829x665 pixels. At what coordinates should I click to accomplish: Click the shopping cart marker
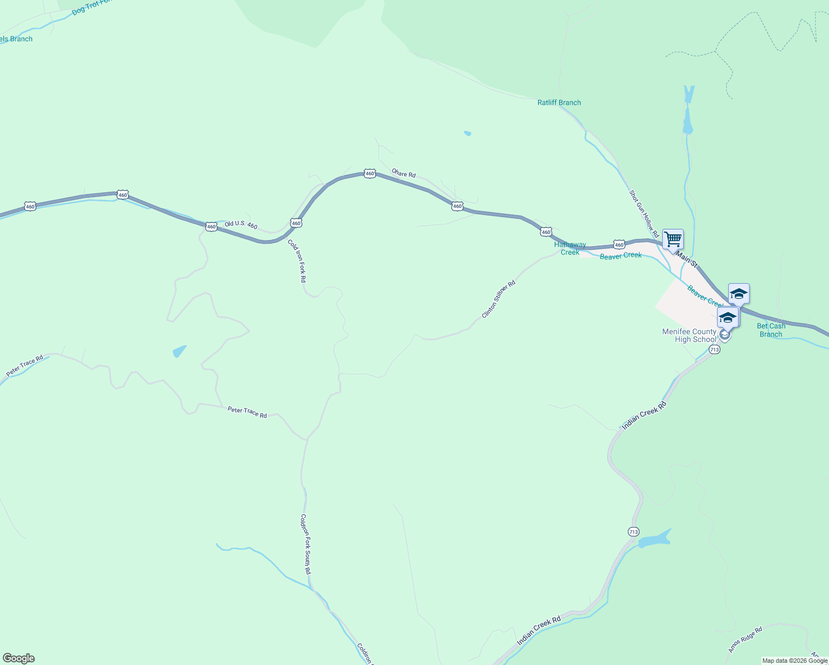tap(673, 240)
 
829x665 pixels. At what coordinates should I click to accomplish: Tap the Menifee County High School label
tap(689, 336)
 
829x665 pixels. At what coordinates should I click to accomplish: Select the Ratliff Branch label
tap(559, 103)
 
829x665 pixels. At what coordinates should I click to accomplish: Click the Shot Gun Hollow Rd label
tap(643, 214)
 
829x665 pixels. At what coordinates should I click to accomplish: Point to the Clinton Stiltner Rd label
tap(499, 299)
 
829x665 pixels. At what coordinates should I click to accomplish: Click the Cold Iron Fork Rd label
tap(296, 261)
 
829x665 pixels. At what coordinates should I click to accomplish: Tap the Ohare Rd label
tap(403, 173)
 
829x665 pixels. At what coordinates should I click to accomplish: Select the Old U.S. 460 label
tap(241, 224)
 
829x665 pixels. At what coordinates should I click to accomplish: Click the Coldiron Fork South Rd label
tap(305, 544)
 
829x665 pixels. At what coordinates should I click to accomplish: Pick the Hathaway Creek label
tap(570, 248)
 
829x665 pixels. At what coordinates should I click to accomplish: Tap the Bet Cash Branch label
tap(771, 330)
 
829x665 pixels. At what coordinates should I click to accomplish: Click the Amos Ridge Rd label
tap(745, 639)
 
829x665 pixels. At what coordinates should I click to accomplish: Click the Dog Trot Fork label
tap(91, 7)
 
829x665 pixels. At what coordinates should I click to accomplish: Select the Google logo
tap(18, 658)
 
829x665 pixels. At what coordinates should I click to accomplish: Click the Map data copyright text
tap(795, 661)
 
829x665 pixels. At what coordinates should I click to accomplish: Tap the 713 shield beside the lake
tap(633, 532)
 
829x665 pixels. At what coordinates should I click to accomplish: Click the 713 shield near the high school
tap(714, 350)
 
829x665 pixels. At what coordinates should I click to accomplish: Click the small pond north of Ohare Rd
tap(468, 134)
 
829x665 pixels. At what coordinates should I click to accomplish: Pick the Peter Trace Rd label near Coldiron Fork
tap(247, 412)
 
